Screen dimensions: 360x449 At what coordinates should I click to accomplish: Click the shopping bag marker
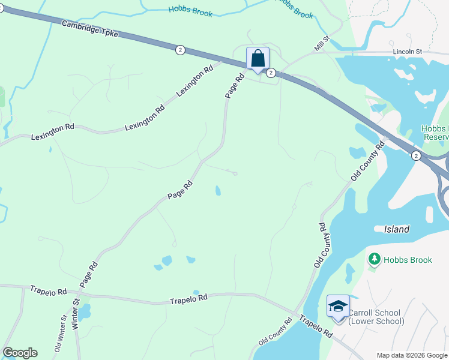[258, 59]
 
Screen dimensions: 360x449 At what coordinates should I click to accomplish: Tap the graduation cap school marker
[338, 306]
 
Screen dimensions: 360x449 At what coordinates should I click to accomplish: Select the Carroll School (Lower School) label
[376, 317]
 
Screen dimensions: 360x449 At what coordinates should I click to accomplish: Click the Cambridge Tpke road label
[90, 28]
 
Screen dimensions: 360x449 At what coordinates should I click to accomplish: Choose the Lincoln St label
[408, 52]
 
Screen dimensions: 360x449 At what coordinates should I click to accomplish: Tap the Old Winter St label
[59, 335]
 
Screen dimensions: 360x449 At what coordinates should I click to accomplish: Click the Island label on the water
[396, 229]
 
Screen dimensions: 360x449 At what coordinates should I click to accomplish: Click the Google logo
[20, 353]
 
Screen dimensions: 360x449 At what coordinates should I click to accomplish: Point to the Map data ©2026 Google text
[411, 355]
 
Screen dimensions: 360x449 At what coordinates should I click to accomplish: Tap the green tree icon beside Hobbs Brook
[375, 259]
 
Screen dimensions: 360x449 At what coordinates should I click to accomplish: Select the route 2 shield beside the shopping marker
[271, 73]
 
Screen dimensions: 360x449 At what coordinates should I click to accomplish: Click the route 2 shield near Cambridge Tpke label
[180, 50]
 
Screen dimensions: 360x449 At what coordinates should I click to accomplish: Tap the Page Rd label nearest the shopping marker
[235, 85]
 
